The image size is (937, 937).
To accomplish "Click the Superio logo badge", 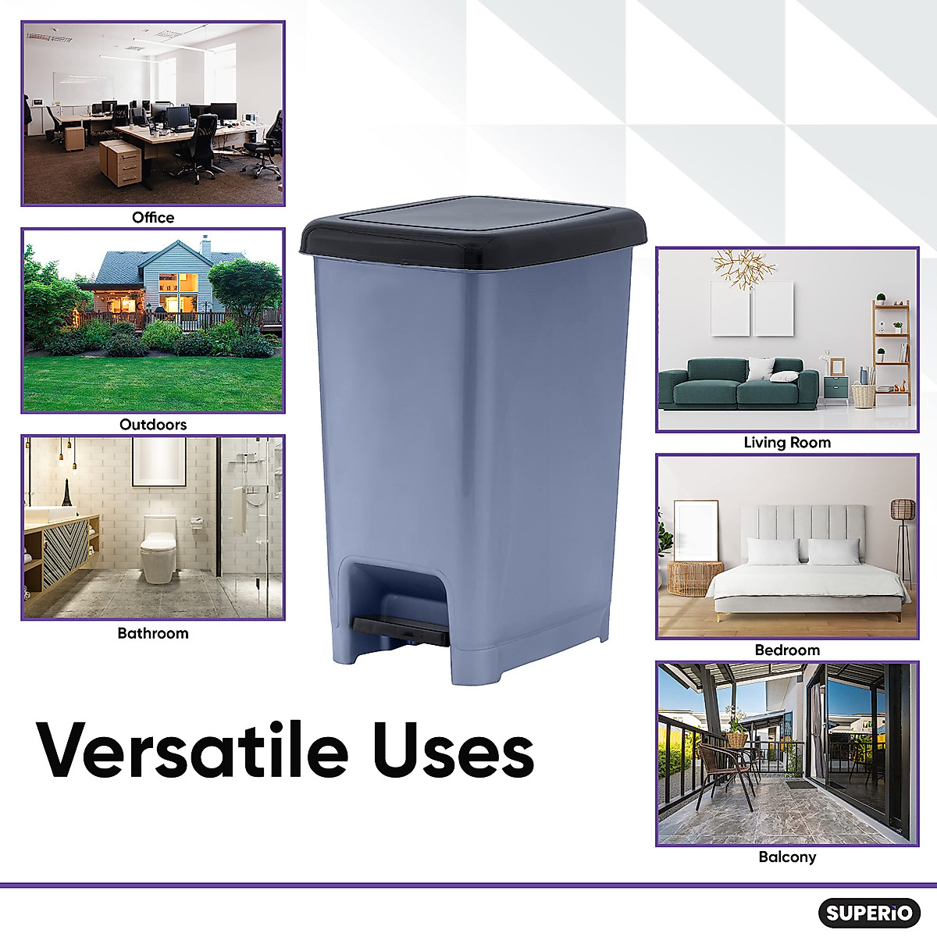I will tap(868, 912).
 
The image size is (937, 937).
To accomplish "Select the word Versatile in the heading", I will tap(192, 750).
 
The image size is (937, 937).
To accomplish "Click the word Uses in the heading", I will tap(453, 750).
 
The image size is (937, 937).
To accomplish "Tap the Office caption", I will tap(153, 217).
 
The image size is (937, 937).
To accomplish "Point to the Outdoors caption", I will tap(153, 425).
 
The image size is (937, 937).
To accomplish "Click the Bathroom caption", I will tap(153, 633).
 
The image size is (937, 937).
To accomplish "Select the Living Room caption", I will tap(787, 443).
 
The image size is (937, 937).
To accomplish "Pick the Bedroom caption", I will tap(787, 650).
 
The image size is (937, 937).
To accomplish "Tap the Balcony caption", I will tap(787, 857).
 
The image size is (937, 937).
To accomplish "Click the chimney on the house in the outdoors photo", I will tap(205, 245).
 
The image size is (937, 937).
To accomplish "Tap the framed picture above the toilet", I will tap(159, 461).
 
